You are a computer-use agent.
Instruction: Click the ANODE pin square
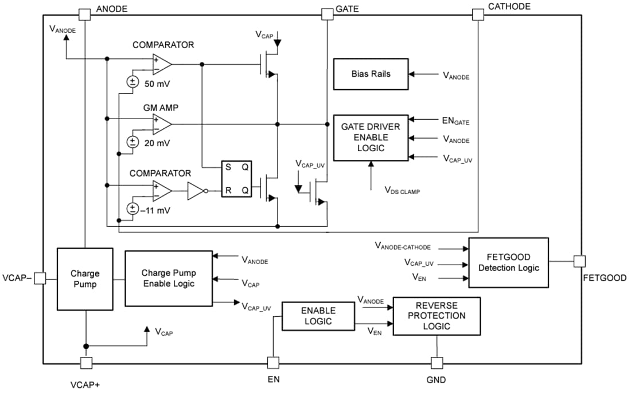coord(84,14)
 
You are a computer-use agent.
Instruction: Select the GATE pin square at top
coord(326,14)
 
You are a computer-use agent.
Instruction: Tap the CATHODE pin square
coord(477,14)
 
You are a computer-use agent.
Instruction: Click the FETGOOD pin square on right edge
coord(579,261)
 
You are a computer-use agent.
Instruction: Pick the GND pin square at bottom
coord(437,363)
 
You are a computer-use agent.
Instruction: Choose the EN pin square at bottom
coord(274,363)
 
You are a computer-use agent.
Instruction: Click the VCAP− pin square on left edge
coord(40,278)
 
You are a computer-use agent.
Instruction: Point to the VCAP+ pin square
coord(85,363)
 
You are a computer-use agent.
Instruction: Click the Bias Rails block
coord(371,74)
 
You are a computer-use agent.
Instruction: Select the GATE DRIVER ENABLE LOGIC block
coord(371,137)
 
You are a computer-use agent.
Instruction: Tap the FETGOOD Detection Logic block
coord(508,262)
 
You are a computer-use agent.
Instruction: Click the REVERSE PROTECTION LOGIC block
coord(437,316)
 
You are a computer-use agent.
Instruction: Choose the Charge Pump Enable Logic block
coord(168,278)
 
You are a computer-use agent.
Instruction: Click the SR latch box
coord(237,179)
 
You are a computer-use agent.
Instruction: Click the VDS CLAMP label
coord(402,191)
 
